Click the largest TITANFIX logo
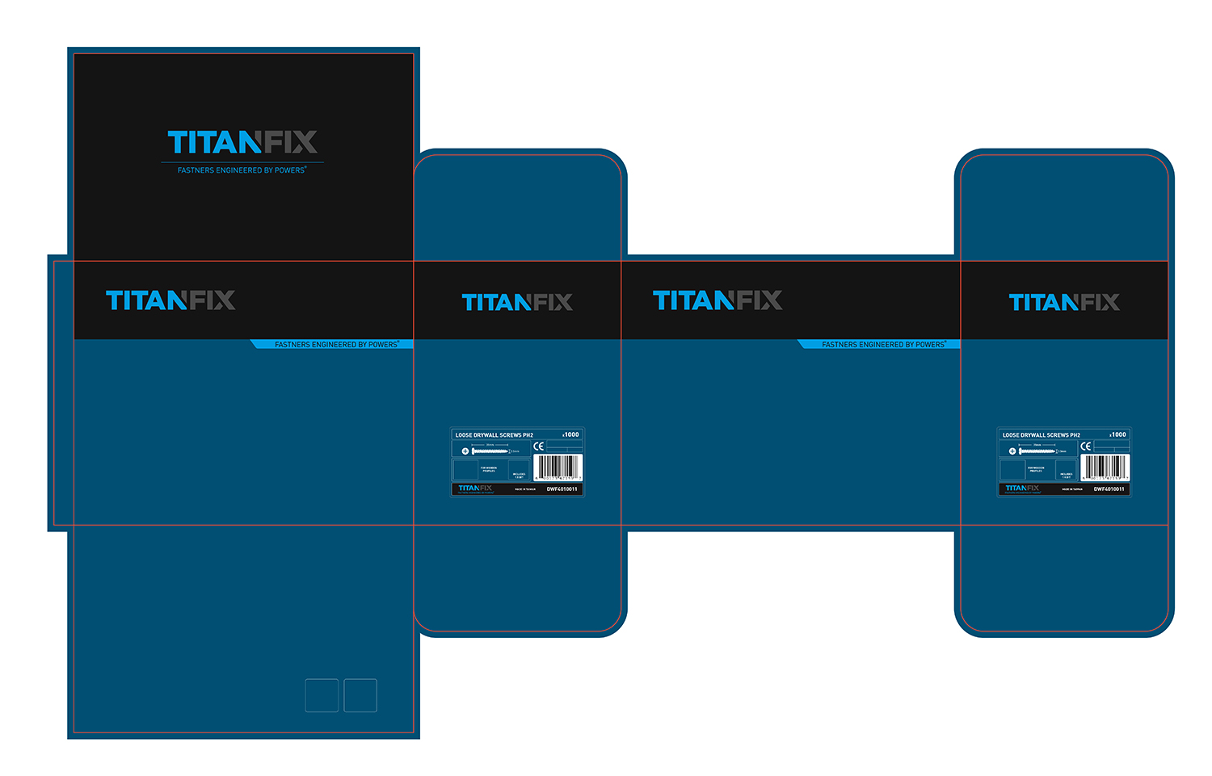coord(242,143)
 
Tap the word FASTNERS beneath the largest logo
coord(196,170)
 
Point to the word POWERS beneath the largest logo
coord(289,170)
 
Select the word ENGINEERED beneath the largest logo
coord(239,170)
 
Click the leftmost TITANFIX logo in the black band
coord(170,301)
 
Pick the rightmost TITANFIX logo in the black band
coord(1064,303)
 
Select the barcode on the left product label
coord(558,467)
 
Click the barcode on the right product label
coord(1105,467)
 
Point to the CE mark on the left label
coord(539,447)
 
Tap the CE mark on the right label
coord(1086,447)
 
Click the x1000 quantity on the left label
coord(571,434)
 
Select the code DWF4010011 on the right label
coord(1109,489)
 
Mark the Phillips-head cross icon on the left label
coord(465,451)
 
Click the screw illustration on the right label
coord(1037,451)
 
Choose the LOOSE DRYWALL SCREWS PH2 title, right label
coord(1042,435)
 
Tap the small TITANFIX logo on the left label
coord(475,489)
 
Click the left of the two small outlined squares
coord(322,695)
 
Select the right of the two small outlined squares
coord(360,695)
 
